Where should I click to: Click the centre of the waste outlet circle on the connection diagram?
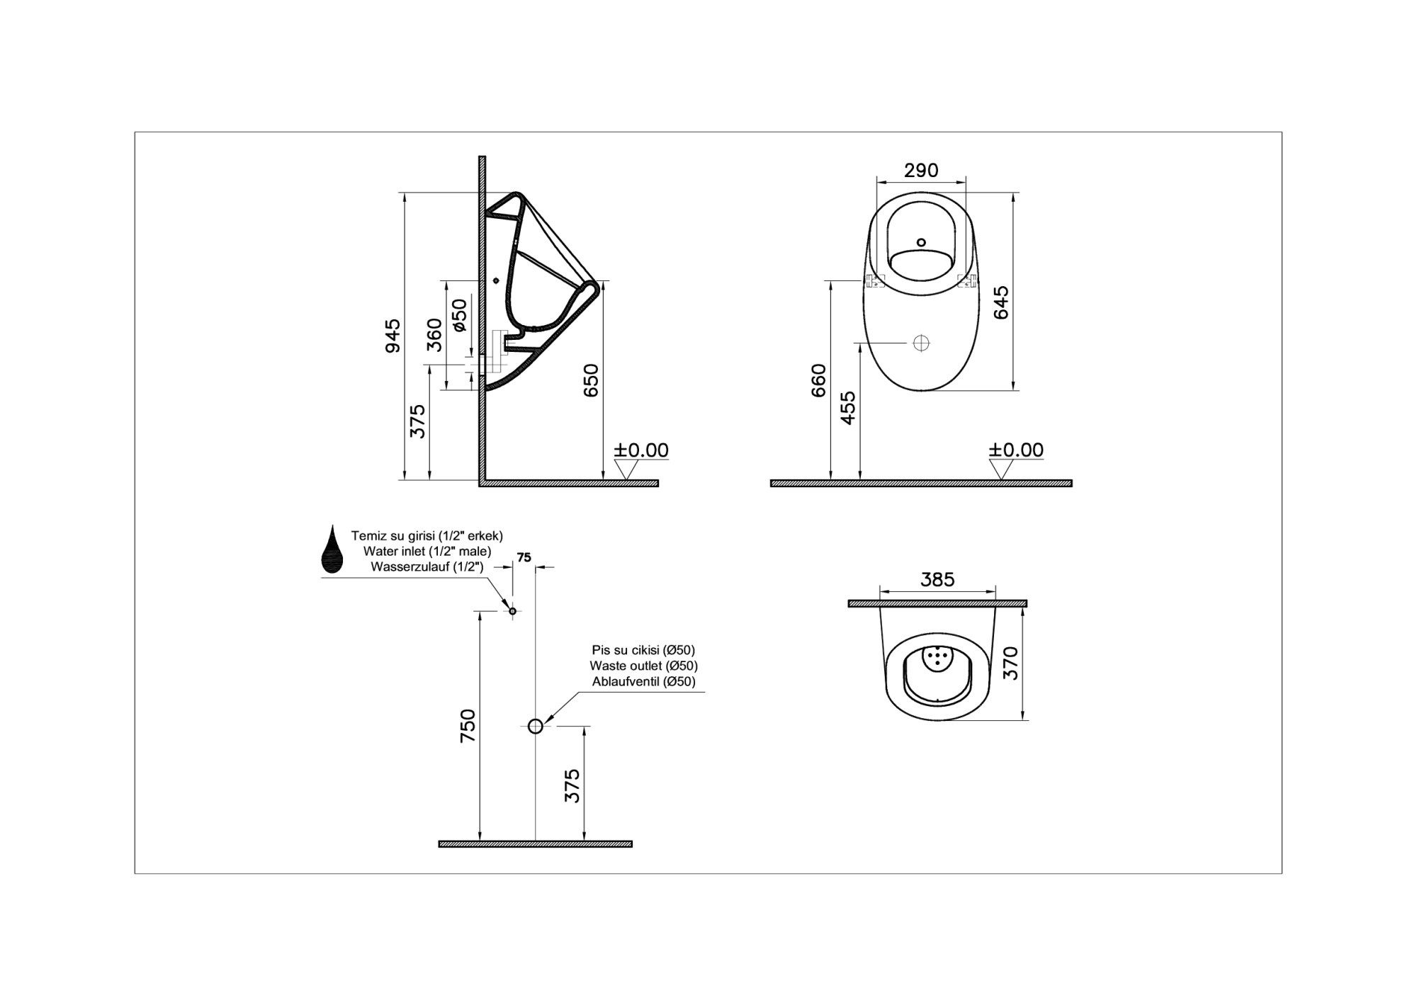click(x=536, y=726)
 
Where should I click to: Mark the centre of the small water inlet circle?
click(x=512, y=610)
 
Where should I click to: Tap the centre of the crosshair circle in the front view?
click(x=921, y=343)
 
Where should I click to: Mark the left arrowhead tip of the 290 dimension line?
click(x=876, y=181)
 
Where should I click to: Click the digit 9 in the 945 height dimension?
click(x=393, y=346)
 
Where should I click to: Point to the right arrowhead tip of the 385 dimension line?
click(x=995, y=591)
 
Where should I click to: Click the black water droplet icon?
click(x=332, y=549)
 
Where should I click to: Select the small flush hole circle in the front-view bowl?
click(x=921, y=242)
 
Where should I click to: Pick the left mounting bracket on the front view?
click(x=876, y=280)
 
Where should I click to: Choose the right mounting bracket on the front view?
click(x=966, y=280)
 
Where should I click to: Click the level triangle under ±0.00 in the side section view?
click(x=627, y=469)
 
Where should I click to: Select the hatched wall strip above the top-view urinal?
click(x=937, y=603)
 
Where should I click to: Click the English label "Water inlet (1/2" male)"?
click(x=427, y=551)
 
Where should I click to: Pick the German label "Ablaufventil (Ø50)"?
click(x=644, y=681)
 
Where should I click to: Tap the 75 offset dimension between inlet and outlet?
click(x=524, y=557)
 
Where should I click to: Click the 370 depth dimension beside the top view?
click(x=1011, y=663)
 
